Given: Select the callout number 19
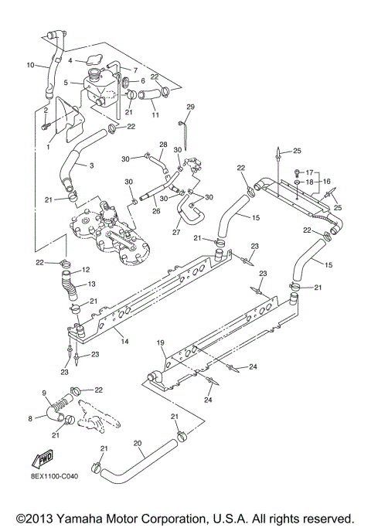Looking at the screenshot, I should [161, 342].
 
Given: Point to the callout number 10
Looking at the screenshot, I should [32, 65].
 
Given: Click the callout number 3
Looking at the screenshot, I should [91, 165].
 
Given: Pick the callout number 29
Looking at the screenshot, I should [191, 106].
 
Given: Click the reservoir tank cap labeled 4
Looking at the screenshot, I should [96, 61].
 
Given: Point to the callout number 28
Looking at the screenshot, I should [163, 145].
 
